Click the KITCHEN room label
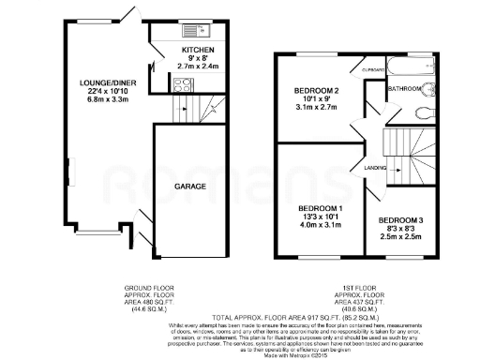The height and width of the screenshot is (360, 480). [x=198, y=50]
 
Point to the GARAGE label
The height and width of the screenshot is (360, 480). [x=190, y=187]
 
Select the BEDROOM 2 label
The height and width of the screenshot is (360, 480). [x=307, y=91]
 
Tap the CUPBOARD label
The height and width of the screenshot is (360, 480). [x=372, y=68]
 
